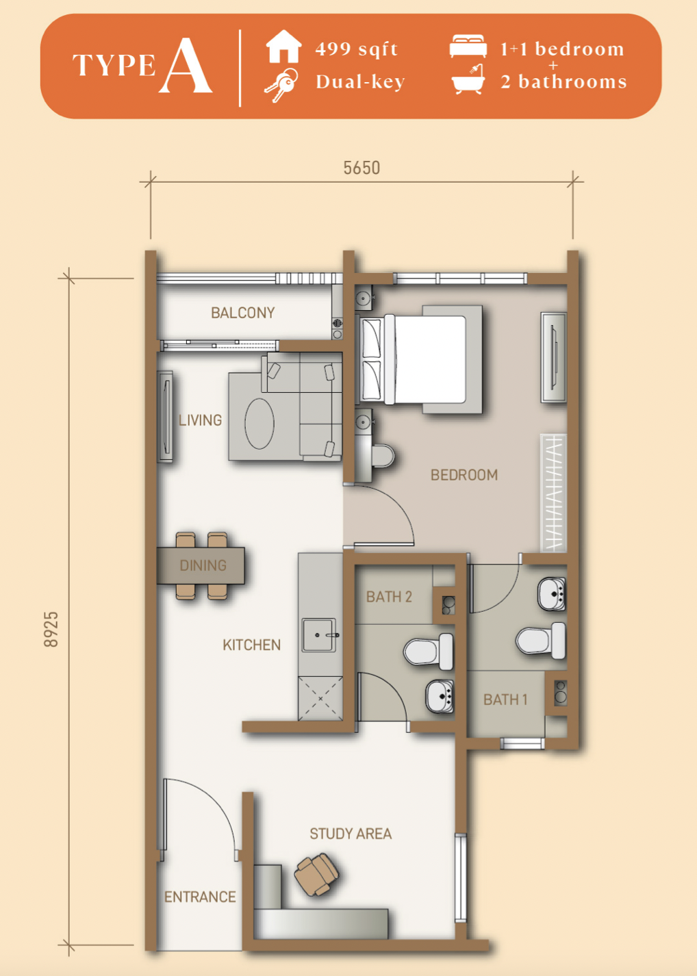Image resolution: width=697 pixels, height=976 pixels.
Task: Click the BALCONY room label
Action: [243, 312]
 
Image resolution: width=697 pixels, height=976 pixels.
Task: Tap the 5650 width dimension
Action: [362, 168]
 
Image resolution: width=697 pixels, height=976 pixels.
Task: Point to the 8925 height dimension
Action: [51, 629]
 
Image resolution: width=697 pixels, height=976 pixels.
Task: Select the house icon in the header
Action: [283, 46]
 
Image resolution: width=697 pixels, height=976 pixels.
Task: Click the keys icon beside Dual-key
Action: [281, 85]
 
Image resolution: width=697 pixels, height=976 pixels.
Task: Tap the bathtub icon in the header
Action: [468, 79]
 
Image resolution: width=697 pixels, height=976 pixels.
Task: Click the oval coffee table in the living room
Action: [259, 423]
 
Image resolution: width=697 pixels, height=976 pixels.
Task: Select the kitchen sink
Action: [319, 635]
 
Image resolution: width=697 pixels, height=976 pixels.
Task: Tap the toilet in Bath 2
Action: [429, 652]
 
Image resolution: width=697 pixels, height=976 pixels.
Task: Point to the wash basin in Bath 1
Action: [551, 593]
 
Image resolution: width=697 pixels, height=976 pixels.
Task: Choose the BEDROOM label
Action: [464, 475]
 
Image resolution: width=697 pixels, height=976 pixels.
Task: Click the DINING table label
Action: [203, 565]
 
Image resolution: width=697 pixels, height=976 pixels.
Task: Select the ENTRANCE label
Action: [200, 897]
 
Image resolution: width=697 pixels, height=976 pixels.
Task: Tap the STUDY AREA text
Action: [351, 834]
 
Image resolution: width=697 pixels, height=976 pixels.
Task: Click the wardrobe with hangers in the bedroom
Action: [554, 493]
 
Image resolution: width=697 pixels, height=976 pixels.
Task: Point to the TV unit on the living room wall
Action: [165, 417]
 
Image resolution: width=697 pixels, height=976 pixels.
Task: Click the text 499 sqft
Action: [357, 49]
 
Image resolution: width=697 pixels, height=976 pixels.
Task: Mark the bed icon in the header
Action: [468, 46]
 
